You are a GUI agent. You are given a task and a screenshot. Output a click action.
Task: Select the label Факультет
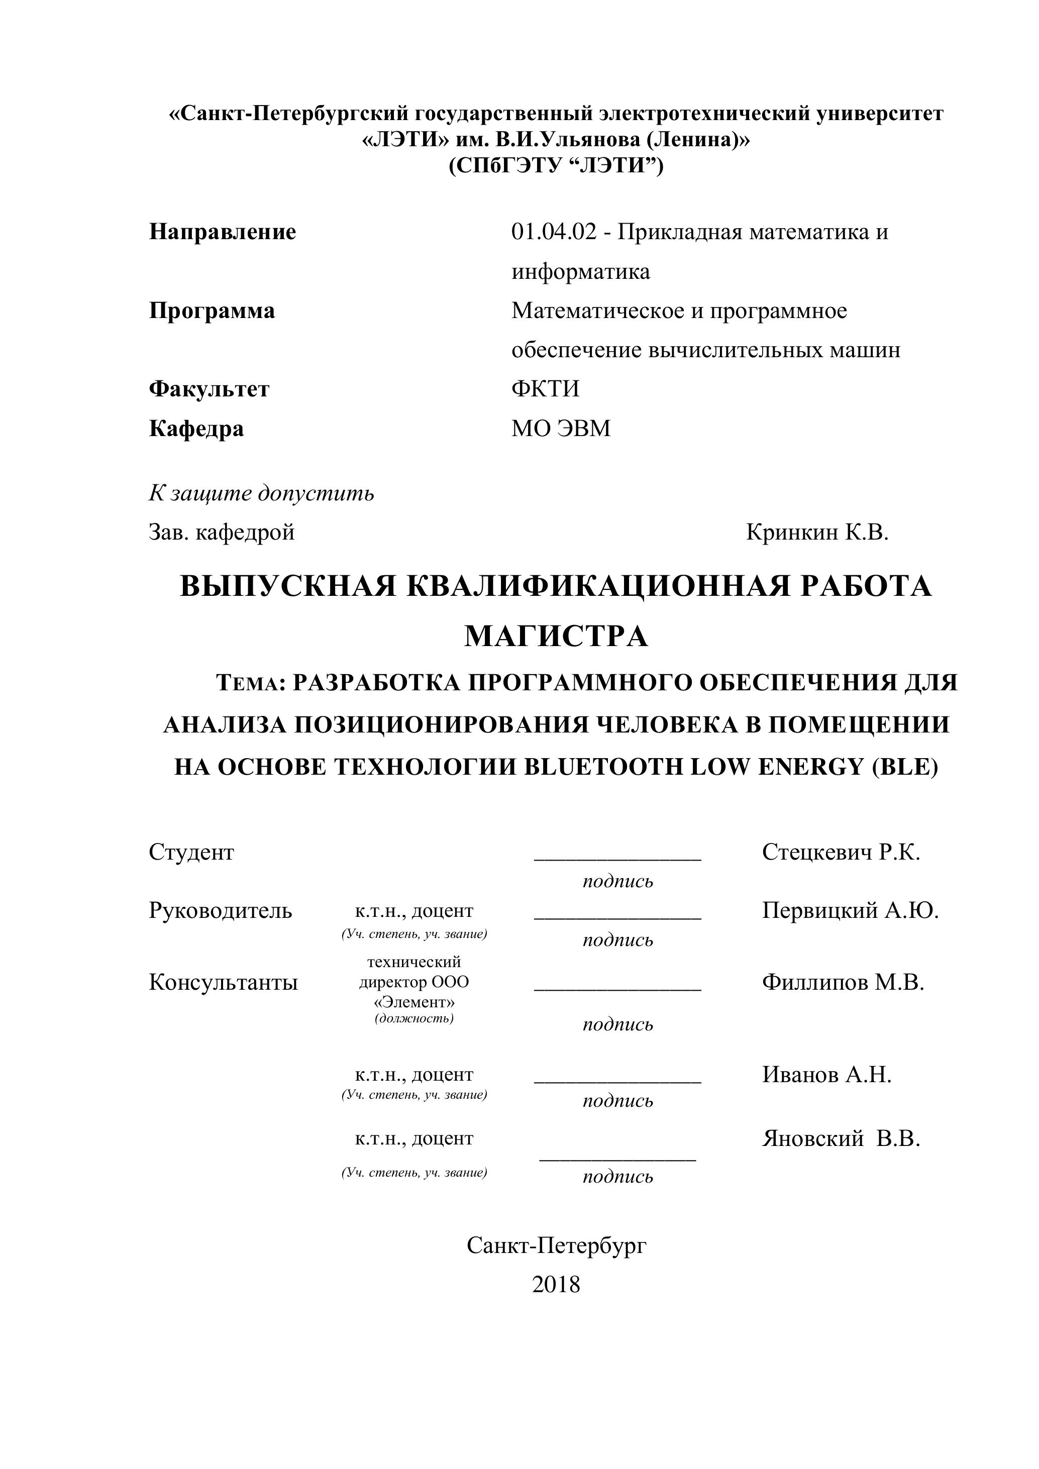209,389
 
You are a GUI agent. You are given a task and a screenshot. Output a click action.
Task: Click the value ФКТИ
545,389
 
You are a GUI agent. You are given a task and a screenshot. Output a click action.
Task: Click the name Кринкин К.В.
817,533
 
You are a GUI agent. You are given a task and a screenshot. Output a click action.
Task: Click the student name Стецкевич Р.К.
841,852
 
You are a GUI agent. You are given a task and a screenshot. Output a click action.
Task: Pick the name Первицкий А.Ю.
850,910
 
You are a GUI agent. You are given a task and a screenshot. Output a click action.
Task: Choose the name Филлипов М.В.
843,982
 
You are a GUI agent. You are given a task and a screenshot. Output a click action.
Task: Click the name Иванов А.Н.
826,1075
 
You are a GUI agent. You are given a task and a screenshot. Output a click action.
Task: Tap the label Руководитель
220,910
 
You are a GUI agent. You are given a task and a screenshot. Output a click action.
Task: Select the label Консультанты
223,982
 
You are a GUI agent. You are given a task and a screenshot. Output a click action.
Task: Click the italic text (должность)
414,1018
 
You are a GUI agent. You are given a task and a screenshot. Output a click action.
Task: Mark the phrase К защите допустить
262,493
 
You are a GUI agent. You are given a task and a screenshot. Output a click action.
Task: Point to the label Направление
223,232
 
